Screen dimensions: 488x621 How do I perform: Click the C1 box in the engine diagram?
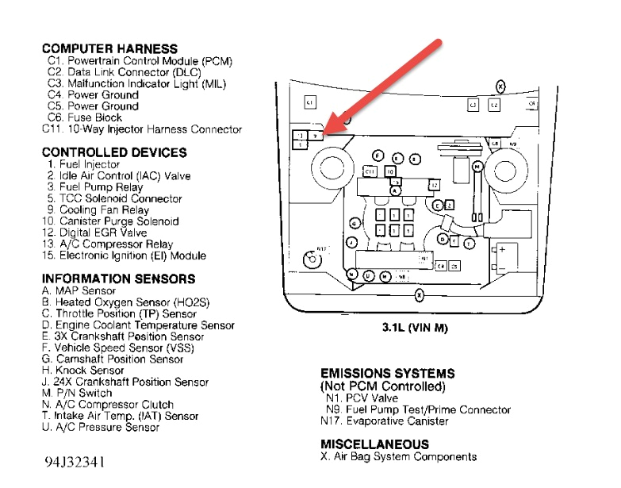(311, 102)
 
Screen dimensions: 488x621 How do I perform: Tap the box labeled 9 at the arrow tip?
(315, 136)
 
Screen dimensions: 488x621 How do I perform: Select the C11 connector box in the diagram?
(370, 171)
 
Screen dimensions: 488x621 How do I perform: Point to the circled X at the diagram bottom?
(420, 295)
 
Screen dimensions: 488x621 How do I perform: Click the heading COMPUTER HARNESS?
(109, 49)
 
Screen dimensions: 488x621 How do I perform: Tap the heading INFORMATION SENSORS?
(118, 279)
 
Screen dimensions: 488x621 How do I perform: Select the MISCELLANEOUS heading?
(374, 444)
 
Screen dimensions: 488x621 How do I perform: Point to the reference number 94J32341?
(74, 461)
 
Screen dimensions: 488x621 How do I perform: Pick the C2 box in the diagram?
(494, 104)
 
